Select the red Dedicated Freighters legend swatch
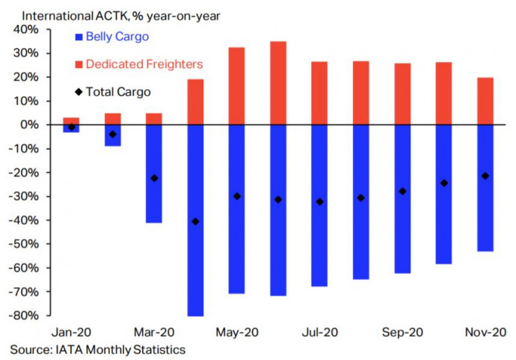click(79, 65)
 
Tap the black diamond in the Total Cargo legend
click(79, 92)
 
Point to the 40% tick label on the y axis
click(26, 29)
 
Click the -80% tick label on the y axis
click(24, 316)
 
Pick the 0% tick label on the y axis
click(31, 125)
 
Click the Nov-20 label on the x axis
click(485, 332)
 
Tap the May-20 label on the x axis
click(236, 332)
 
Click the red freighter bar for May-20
click(236, 86)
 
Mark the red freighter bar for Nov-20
click(485, 101)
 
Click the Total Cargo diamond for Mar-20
click(154, 178)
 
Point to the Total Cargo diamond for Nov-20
click(485, 176)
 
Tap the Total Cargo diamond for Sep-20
click(402, 191)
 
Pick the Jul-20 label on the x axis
click(319, 332)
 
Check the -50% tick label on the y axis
click(24, 244)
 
